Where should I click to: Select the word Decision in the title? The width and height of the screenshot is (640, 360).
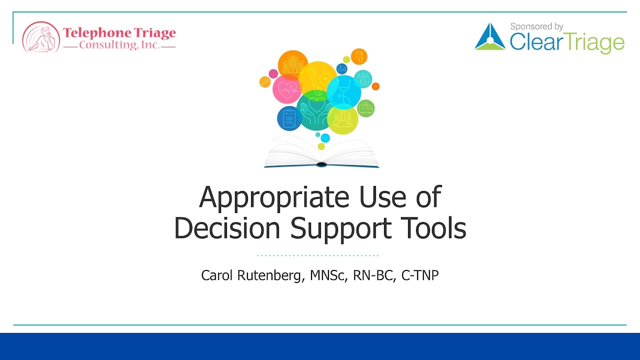click(x=227, y=228)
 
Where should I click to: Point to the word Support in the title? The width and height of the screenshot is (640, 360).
click(x=340, y=229)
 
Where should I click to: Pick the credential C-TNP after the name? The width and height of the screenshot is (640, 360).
click(x=419, y=275)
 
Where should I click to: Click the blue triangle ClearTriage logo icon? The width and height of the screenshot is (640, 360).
click(x=489, y=37)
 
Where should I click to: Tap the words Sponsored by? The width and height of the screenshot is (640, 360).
click(x=536, y=26)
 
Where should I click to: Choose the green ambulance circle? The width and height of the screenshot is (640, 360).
click(x=365, y=108)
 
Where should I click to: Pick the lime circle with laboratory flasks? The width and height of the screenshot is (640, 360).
click(x=343, y=120)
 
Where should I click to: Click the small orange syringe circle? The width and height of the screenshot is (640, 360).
click(x=265, y=82)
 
